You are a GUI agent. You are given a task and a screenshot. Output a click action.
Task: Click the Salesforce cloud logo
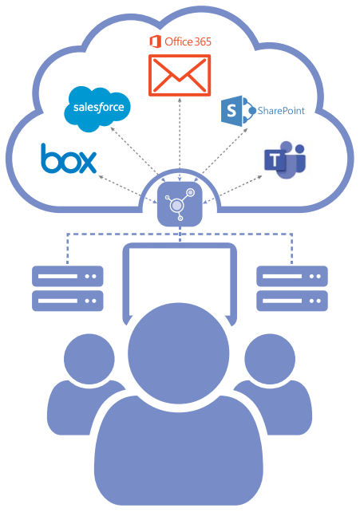(x=97, y=108)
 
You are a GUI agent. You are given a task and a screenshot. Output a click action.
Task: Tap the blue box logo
(x=69, y=159)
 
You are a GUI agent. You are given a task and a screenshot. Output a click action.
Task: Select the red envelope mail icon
(x=180, y=76)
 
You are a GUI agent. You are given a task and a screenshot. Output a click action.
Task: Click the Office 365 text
(x=188, y=41)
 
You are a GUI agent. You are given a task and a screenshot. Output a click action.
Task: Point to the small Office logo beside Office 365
(x=155, y=41)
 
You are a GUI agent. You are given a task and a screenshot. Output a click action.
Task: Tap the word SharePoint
(x=281, y=111)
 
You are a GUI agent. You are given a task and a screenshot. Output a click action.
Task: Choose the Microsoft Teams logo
(x=284, y=160)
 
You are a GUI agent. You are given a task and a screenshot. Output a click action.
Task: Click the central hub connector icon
(x=180, y=204)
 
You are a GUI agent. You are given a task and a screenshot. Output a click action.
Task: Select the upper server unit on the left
(x=68, y=276)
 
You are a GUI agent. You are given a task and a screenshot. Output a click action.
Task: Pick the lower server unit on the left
(x=68, y=301)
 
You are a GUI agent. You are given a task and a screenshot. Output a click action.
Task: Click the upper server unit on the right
(x=292, y=276)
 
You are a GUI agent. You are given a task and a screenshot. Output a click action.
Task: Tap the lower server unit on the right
(x=292, y=301)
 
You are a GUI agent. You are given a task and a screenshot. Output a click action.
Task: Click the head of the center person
(x=179, y=353)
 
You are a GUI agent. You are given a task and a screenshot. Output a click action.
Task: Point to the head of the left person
(x=89, y=359)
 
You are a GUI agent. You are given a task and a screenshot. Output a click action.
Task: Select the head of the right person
(x=270, y=359)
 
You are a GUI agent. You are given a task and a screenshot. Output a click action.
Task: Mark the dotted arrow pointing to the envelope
(x=180, y=139)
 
